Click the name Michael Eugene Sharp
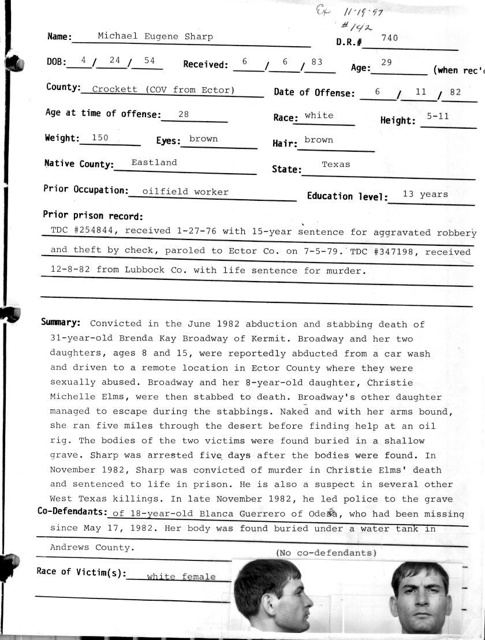pos(155,36)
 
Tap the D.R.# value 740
pos(390,39)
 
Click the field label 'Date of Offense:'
pos(314,92)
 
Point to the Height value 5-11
pos(438,117)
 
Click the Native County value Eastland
pos(154,163)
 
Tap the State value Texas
pos(335,164)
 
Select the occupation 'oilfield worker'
pos(185,192)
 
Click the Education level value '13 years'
pos(425,194)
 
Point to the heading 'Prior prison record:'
pos(92,216)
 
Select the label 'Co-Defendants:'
pos(72,511)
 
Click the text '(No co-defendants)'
pos(326,553)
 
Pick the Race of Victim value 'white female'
pos(181,576)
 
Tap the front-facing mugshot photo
pos(420,597)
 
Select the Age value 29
pos(386,62)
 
